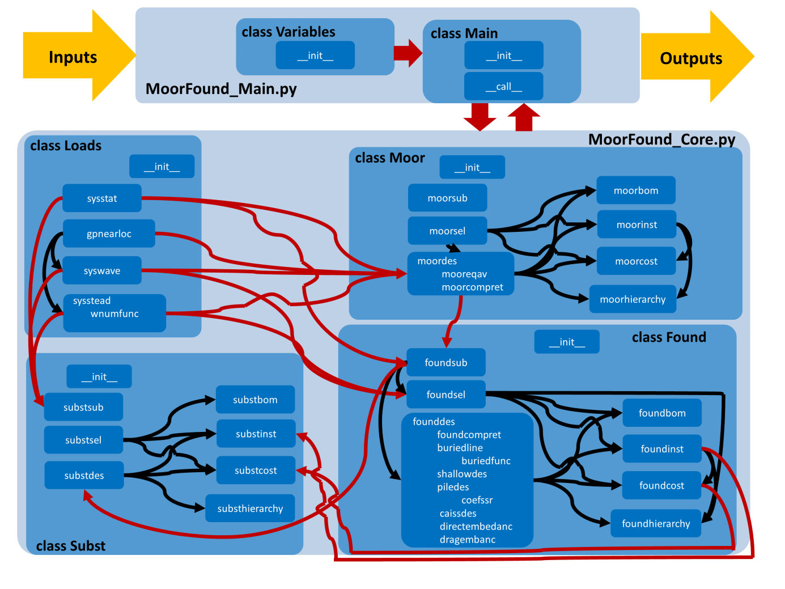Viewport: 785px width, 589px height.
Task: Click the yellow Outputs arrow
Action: (694, 57)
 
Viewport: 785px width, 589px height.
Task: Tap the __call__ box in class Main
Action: (503, 86)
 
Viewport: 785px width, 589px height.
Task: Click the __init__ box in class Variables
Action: (315, 56)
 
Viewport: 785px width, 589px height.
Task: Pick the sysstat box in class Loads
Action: (102, 198)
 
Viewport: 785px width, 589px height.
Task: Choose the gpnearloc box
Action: (109, 234)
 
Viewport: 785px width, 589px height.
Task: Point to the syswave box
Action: (102, 271)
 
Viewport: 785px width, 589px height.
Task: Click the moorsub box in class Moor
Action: (447, 198)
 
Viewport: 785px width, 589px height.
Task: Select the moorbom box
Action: (635, 190)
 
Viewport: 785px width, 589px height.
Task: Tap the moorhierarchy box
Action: (633, 299)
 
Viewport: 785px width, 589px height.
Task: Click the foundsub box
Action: (446, 363)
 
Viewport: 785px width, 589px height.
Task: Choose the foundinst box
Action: (662, 449)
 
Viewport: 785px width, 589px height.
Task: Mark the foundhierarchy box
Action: (656, 524)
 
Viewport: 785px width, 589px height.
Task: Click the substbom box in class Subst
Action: (255, 400)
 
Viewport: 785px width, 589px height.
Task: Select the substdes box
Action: (84, 476)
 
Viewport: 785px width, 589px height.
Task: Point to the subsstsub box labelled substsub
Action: (83, 407)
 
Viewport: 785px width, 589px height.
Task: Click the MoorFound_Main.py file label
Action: (221, 89)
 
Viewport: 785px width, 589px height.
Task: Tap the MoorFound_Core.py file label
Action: (661, 139)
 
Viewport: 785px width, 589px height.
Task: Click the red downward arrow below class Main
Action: (480, 116)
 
